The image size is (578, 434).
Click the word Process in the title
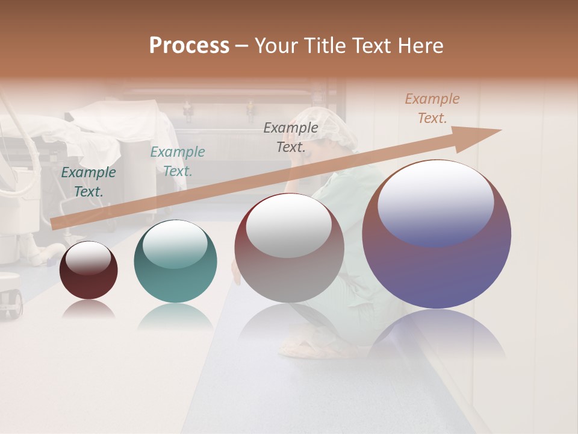tap(189, 46)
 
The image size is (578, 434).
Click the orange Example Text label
tap(432, 108)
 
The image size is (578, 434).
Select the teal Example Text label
tap(178, 161)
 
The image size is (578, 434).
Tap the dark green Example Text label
tap(89, 181)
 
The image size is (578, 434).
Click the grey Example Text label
tap(291, 137)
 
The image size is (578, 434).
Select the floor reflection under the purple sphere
tap(437, 332)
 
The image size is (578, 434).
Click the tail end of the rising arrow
tap(57, 224)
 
